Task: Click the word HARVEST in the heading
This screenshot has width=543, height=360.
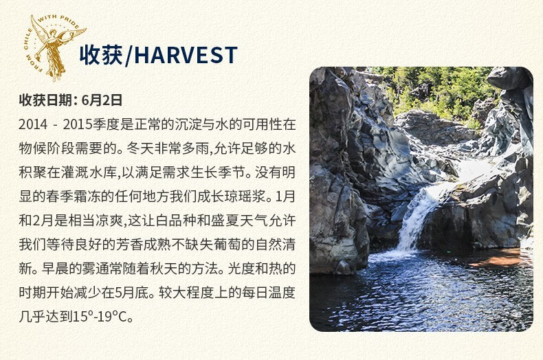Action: click(186, 55)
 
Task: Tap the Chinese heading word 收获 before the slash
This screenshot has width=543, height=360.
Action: click(101, 55)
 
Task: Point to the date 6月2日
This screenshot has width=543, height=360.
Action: click(102, 100)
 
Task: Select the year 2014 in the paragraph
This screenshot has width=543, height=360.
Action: click(33, 124)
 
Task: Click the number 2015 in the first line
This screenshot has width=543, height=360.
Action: click(77, 124)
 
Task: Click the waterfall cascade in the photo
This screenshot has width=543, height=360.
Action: click(417, 218)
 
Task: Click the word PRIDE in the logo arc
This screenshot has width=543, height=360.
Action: click(69, 21)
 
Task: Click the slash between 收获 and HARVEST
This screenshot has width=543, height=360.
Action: click(128, 56)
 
